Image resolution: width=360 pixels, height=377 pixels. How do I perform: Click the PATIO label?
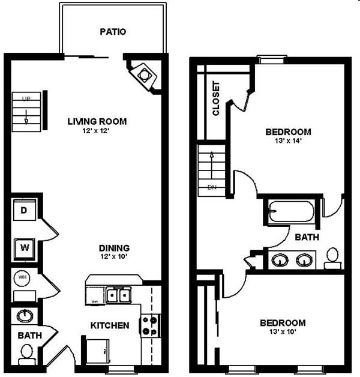(x=113, y=32)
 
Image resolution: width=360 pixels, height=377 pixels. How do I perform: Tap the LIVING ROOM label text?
(x=97, y=121)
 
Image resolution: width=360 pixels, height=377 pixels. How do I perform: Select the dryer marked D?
(x=24, y=211)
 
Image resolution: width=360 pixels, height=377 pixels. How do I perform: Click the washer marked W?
(x=25, y=247)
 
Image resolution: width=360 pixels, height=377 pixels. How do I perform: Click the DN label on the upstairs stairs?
(x=211, y=187)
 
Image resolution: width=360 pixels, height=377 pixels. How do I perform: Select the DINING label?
(x=114, y=248)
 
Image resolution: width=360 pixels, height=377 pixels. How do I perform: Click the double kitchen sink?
(x=119, y=295)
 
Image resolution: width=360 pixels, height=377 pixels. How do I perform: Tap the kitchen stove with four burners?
(x=149, y=326)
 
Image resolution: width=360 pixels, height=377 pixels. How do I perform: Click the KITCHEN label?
(x=110, y=326)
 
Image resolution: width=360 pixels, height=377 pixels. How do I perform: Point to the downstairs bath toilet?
(x=26, y=357)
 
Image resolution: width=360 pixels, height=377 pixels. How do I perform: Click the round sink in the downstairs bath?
(x=25, y=316)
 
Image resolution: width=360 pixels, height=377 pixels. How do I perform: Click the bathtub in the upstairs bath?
(x=291, y=213)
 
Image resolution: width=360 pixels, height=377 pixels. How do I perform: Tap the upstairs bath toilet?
(x=333, y=259)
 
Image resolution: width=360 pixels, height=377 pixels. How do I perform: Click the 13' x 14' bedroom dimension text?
(x=289, y=141)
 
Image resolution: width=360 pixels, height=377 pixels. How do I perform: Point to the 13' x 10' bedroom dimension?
(x=283, y=331)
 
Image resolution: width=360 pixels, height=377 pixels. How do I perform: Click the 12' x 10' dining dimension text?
(x=114, y=257)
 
